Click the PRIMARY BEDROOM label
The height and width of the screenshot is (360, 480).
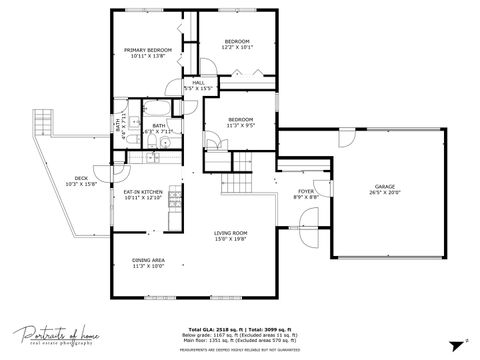click(148, 50)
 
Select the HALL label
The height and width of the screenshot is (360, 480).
click(198, 82)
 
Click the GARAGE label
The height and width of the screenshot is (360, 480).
click(384, 186)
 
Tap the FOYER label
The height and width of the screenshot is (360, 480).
click(306, 190)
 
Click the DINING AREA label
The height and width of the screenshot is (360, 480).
click(148, 260)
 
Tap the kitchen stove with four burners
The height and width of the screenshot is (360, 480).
click(175, 194)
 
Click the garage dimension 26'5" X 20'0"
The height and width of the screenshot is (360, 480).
click(384, 195)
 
